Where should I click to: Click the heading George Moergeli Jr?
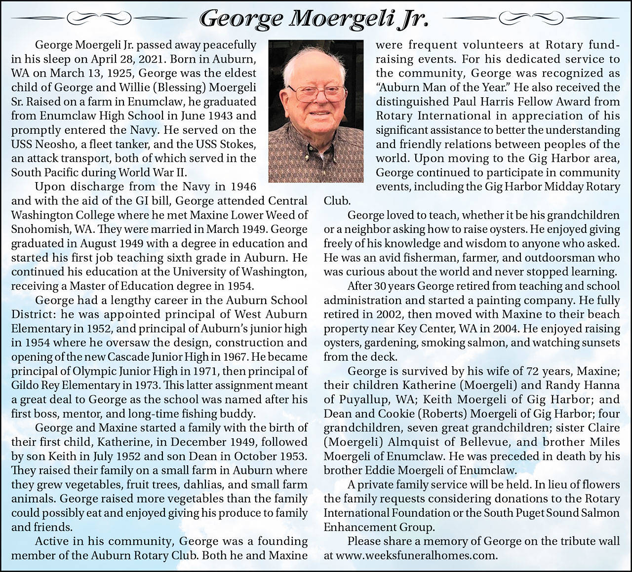[314, 19]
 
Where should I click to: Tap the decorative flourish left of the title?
[101, 19]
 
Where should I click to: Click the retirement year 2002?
[391, 314]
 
